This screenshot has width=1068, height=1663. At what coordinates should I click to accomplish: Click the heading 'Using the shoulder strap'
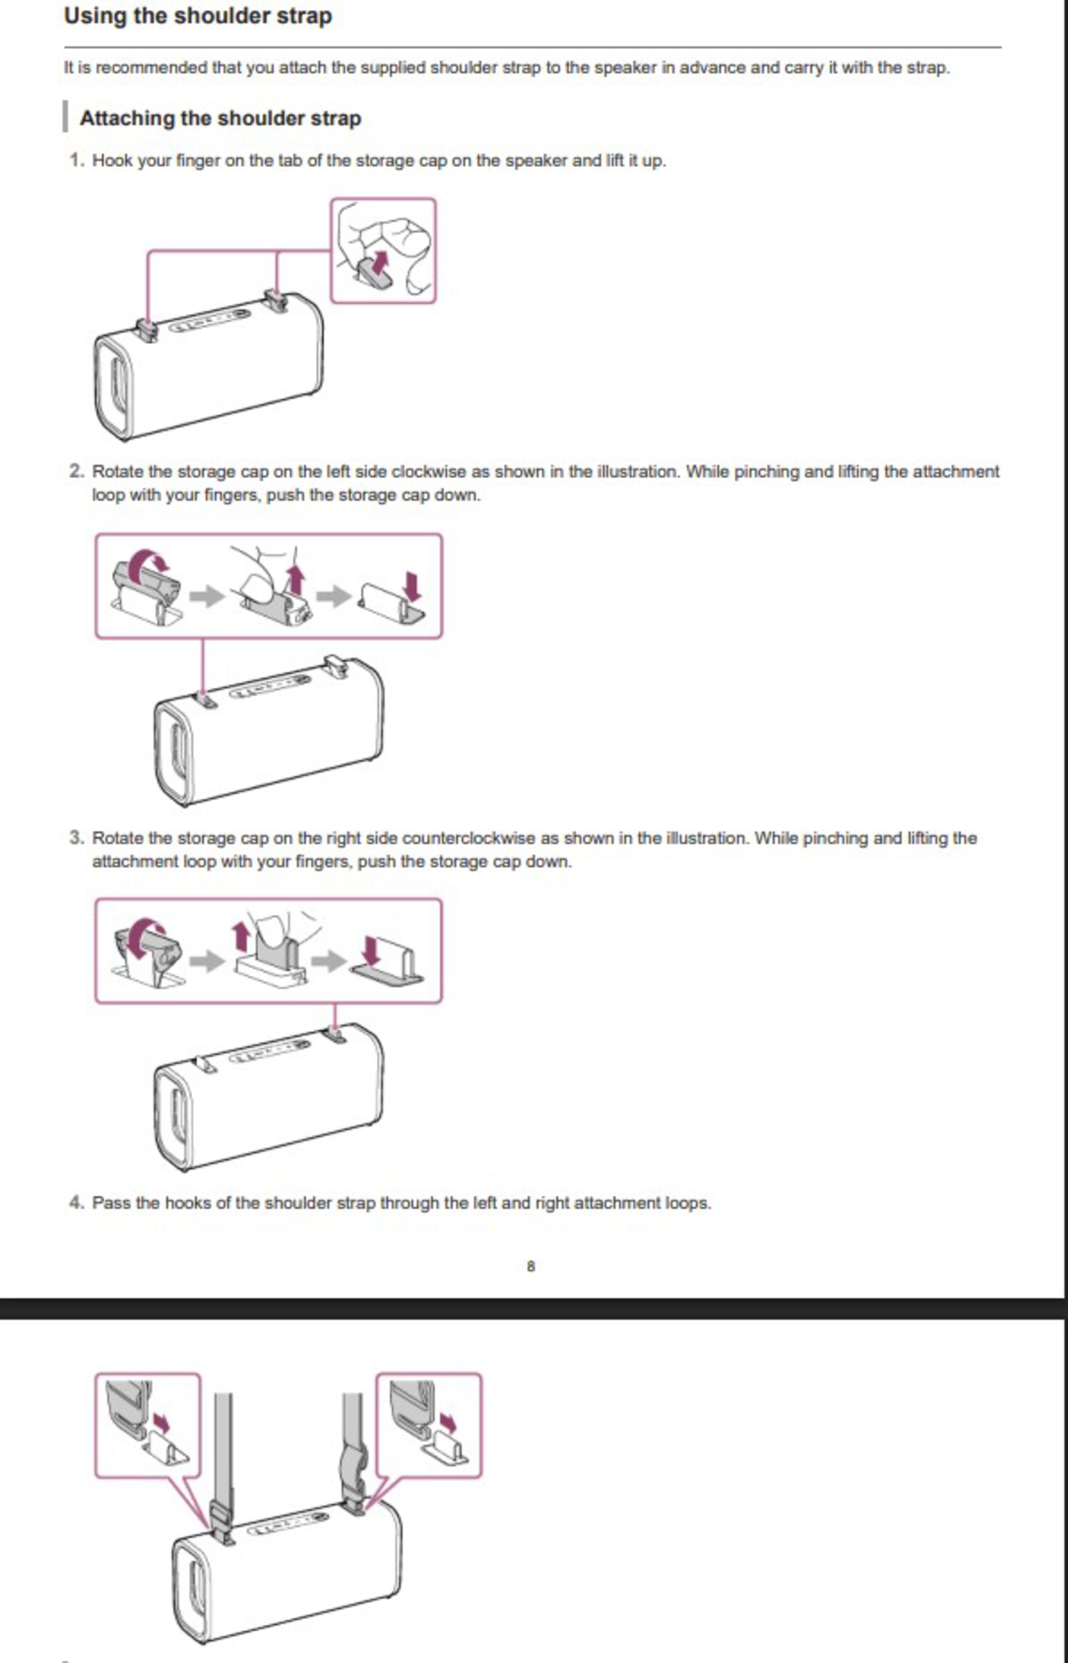click(x=198, y=16)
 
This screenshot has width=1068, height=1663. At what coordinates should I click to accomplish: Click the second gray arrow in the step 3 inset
click(x=329, y=961)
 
